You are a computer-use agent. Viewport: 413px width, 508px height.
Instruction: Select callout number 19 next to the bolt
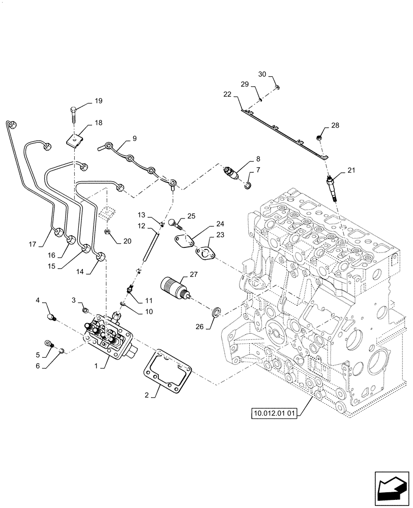[x=98, y=101]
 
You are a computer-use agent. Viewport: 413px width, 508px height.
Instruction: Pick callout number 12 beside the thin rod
[x=141, y=225]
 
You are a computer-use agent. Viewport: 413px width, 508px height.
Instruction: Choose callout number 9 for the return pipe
[x=134, y=138]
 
